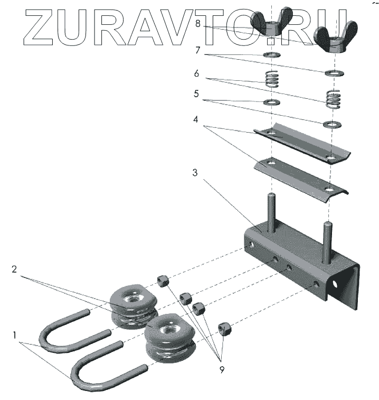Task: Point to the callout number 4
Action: pyautogui.click(x=195, y=119)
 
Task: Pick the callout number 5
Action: pyautogui.click(x=196, y=94)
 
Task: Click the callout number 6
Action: pyautogui.click(x=196, y=73)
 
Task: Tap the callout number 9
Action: pyautogui.click(x=222, y=370)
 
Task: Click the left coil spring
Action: pyautogui.click(x=271, y=79)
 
